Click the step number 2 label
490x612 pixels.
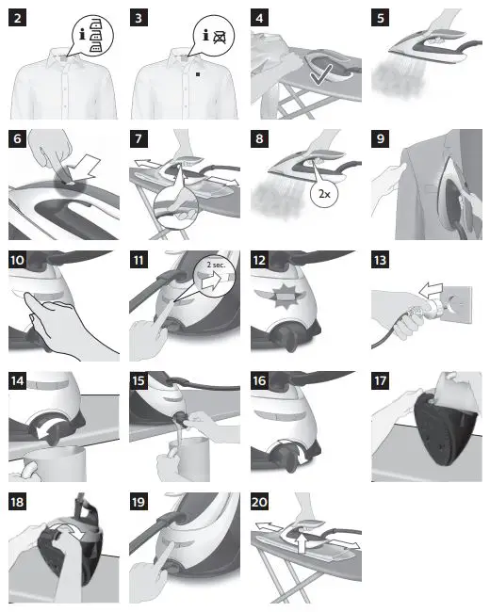point(17,18)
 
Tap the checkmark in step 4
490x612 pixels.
point(320,73)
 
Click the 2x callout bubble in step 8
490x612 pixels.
point(324,194)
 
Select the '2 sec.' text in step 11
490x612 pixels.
point(216,265)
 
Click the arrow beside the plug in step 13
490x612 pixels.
point(431,290)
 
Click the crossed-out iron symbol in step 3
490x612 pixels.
point(220,37)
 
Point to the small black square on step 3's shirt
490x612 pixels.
point(198,73)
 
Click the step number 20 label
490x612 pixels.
point(259,502)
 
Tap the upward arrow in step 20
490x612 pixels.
point(302,543)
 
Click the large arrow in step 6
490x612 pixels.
point(82,168)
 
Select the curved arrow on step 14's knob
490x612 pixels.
point(47,427)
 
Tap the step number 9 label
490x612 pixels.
point(380,139)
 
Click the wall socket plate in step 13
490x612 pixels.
point(458,305)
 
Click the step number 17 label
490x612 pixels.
point(380,381)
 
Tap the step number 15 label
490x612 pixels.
point(139,381)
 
